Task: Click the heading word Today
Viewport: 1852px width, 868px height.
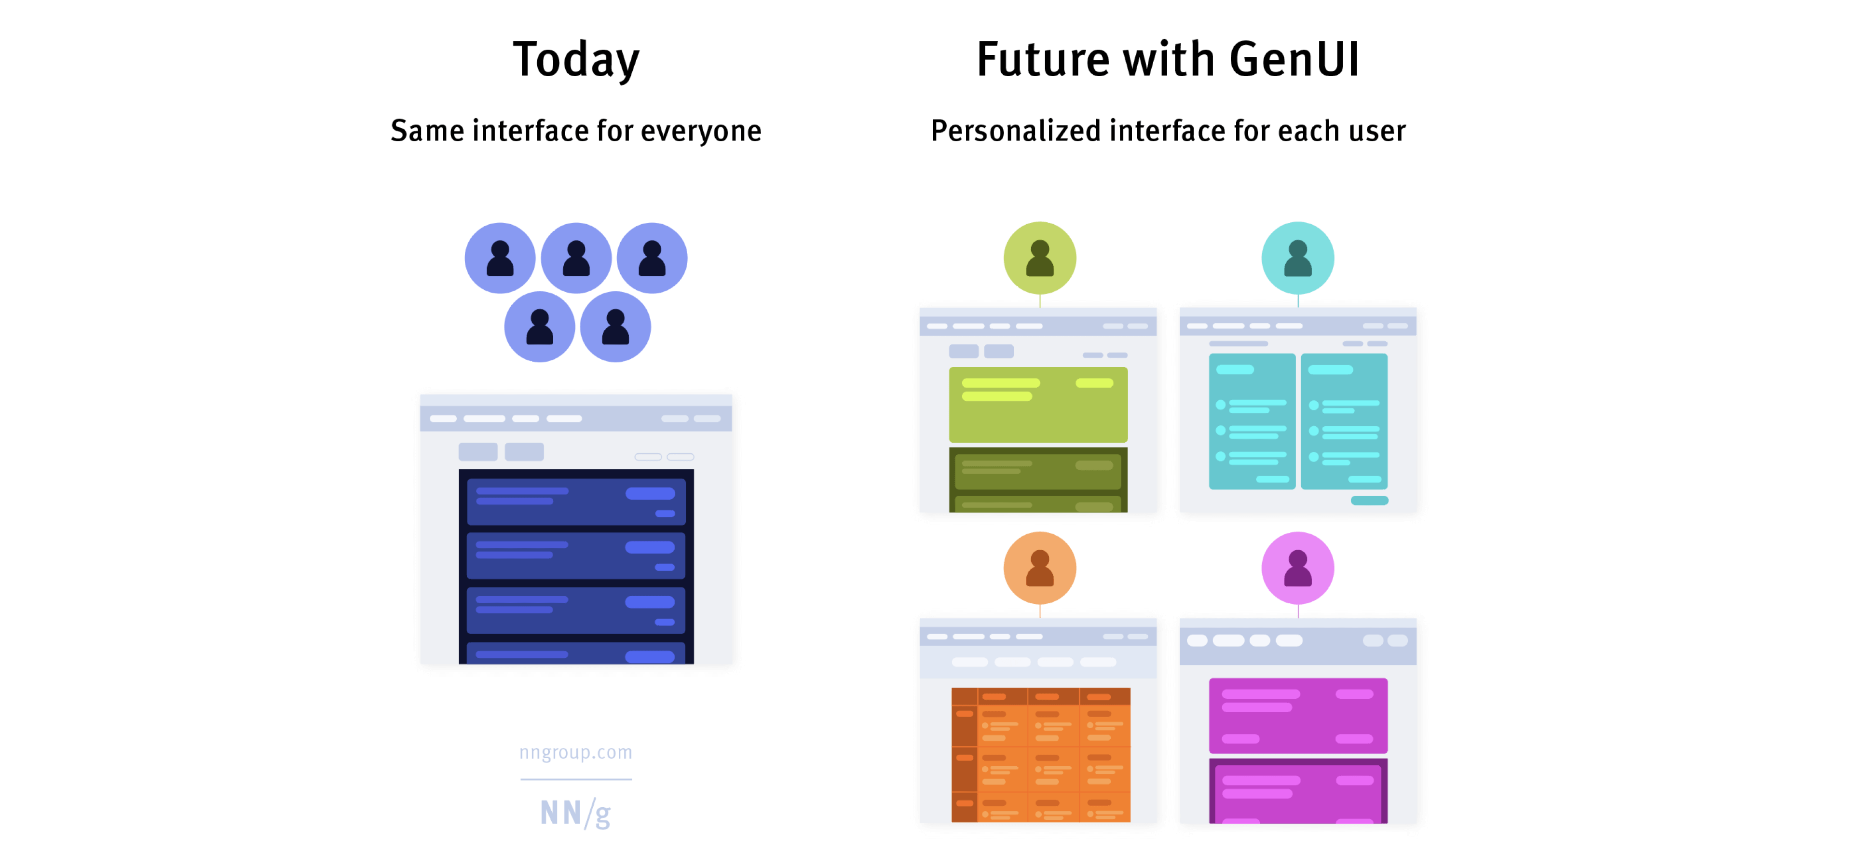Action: coord(576,60)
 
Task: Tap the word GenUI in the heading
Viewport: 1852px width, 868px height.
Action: coord(1294,60)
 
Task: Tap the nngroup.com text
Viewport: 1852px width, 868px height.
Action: coord(576,752)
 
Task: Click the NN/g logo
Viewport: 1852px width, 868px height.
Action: coord(576,813)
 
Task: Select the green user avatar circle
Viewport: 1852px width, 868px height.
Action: coord(1040,258)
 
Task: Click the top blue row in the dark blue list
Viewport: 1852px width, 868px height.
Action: coord(575,502)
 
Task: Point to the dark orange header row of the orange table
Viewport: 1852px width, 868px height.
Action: coord(1040,696)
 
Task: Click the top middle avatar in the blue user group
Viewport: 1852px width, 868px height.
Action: coord(576,258)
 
